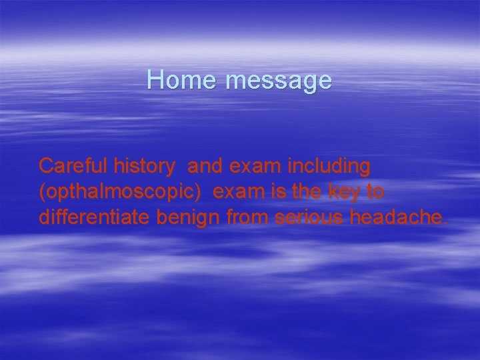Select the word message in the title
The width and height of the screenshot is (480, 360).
pos(278,81)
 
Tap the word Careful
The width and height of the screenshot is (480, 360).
pos(73,165)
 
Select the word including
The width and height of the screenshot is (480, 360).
pos(329,165)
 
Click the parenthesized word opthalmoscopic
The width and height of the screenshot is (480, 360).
pos(121,192)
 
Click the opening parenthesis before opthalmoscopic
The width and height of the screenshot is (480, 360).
pos(42,193)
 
